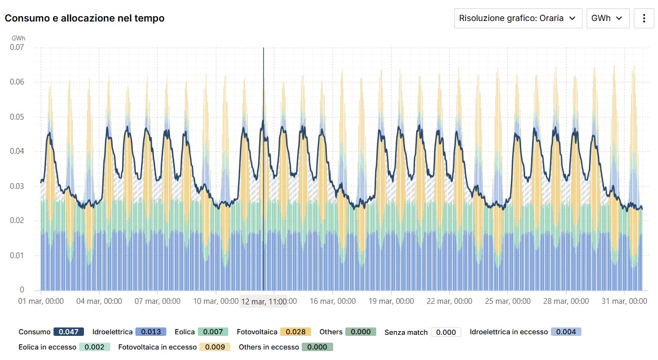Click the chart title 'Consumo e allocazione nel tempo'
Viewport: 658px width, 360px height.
pos(84,18)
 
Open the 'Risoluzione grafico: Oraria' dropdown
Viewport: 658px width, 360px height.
pos(518,18)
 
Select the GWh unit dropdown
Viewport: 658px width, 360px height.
pos(607,18)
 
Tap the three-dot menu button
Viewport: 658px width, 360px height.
pos(644,18)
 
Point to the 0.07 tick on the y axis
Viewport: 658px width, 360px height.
pos(17,47)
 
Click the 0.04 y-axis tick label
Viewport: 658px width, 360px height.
pos(17,152)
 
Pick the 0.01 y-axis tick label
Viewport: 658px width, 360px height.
pos(17,256)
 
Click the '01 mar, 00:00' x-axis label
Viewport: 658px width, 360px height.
pos(41,301)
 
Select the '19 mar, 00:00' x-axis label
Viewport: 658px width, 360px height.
pos(391,301)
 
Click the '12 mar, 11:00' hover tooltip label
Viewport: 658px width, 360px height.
pos(264,302)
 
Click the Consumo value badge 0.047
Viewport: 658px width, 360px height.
pos(69,332)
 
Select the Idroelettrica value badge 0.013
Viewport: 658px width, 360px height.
pos(151,332)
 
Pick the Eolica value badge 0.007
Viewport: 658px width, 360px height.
pos(213,332)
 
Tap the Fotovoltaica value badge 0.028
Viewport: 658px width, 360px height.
pos(296,332)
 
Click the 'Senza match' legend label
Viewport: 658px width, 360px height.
pos(406,332)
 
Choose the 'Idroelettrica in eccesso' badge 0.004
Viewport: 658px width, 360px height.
pos(566,332)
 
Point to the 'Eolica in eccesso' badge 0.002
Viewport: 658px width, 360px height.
pos(95,347)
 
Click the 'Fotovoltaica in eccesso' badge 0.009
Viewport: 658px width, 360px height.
pos(215,347)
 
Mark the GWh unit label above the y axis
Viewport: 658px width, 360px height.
pos(18,38)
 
